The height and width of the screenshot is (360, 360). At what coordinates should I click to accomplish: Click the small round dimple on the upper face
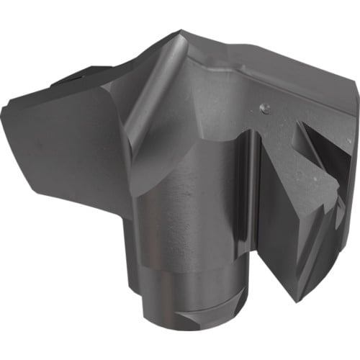pyautogui.click(x=264, y=108)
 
